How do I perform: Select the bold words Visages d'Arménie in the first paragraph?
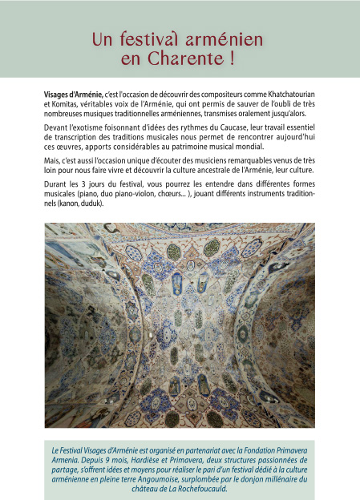pyautogui.click(x=73, y=95)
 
